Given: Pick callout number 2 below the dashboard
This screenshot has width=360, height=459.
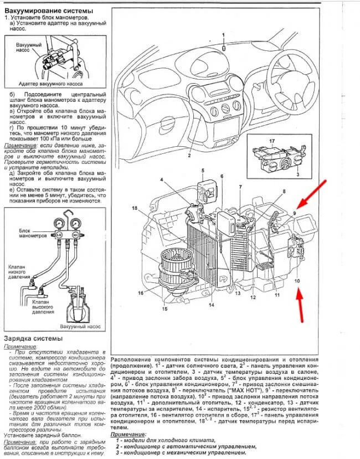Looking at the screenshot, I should point(189,157).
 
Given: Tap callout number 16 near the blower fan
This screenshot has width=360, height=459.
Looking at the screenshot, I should point(141,292).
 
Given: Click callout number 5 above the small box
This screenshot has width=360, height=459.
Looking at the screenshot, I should point(203,170).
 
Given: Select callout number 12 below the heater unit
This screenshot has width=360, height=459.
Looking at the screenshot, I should point(252,297).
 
